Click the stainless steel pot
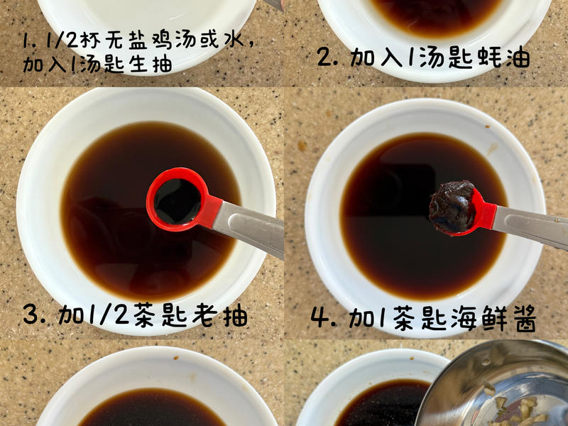coord(497,387)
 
